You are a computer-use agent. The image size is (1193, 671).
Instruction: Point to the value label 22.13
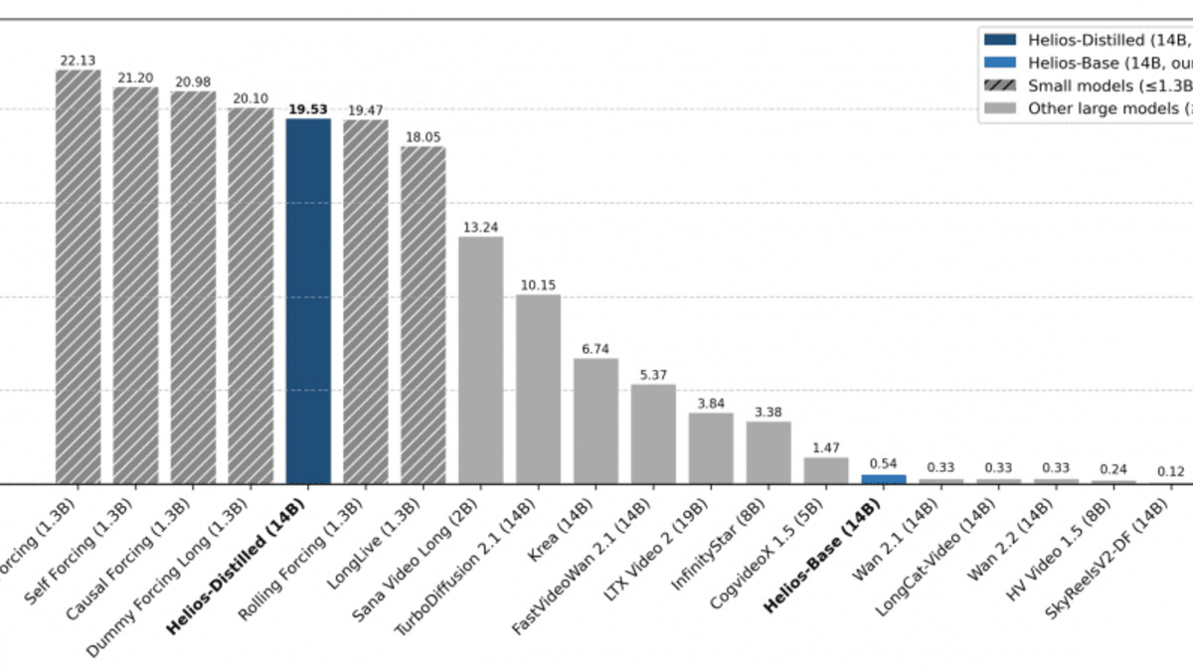click(78, 61)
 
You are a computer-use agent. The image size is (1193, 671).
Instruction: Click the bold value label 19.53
click(308, 109)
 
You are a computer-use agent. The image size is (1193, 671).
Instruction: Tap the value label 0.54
click(884, 463)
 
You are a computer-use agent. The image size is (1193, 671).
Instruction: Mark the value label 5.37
click(653, 375)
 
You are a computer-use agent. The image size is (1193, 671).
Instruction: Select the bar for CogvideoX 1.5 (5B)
click(826, 470)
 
